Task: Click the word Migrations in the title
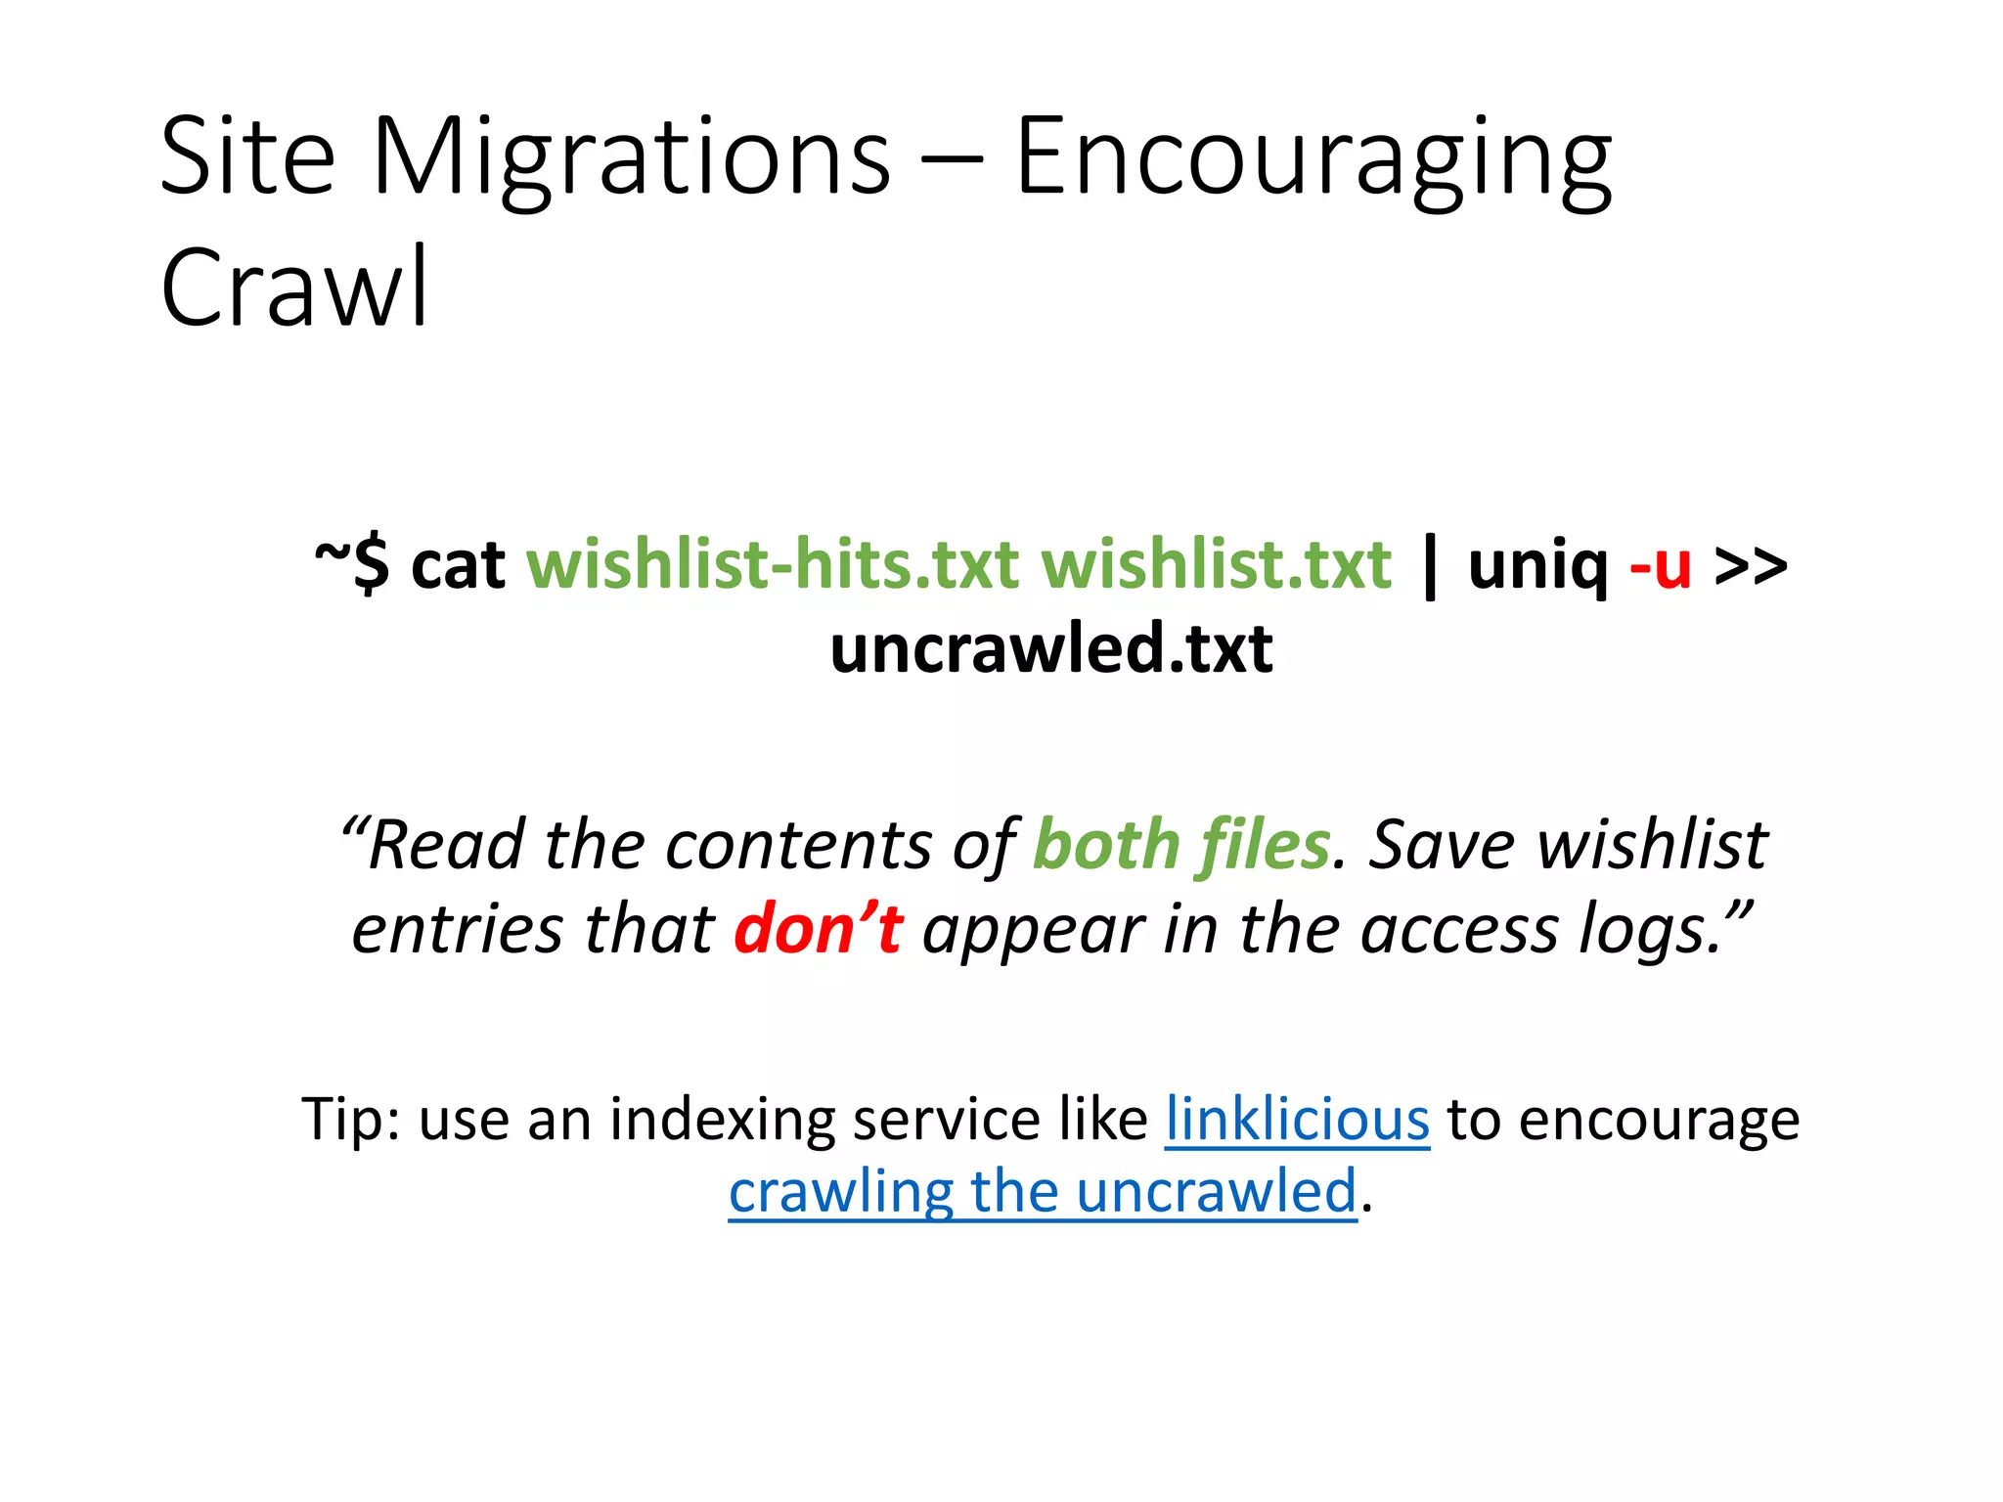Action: point(631,156)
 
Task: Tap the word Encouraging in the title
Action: point(1313,156)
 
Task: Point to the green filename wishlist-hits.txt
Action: point(773,565)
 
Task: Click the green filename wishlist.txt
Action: point(1216,565)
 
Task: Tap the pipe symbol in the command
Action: point(1431,567)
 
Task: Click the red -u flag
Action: point(1660,565)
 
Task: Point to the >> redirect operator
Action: point(1751,565)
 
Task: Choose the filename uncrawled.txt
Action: point(1051,649)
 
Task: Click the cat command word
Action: point(458,565)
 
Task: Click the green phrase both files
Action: point(1181,845)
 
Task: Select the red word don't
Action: point(819,929)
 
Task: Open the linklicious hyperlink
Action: point(1297,1119)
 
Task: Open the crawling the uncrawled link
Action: point(1043,1192)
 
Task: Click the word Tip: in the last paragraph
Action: point(350,1119)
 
